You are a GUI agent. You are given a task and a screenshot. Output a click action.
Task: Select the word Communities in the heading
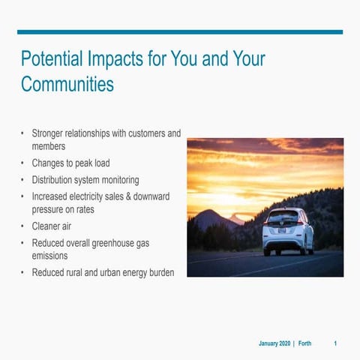click(67, 83)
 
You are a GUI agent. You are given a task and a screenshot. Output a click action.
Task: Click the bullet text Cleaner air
click(57, 226)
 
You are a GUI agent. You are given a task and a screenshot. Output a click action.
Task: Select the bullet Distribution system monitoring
click(85, 180)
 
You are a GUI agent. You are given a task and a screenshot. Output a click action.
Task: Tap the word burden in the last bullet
click(160, 273)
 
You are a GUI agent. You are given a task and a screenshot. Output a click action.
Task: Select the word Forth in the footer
click(304, 343)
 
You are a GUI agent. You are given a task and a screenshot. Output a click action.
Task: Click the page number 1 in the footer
click(335, 343)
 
